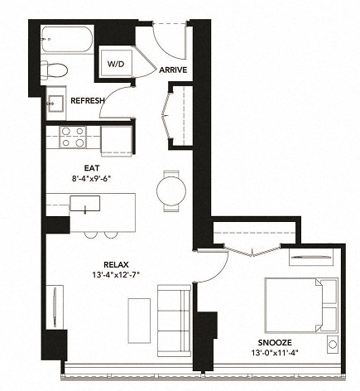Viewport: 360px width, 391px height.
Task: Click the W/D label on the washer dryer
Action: pos(113,63)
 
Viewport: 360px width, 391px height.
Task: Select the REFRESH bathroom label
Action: pos(87,101)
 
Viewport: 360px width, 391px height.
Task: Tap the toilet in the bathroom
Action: pos(59,70)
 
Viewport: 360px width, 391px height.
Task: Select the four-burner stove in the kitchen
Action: pos(73,137)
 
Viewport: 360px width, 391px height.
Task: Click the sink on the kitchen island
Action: pos(84,203)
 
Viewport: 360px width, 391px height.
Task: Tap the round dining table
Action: pos(171,190)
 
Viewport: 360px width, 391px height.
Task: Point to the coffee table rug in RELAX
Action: pos(138,316)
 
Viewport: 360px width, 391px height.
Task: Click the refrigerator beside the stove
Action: pos(117,138)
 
